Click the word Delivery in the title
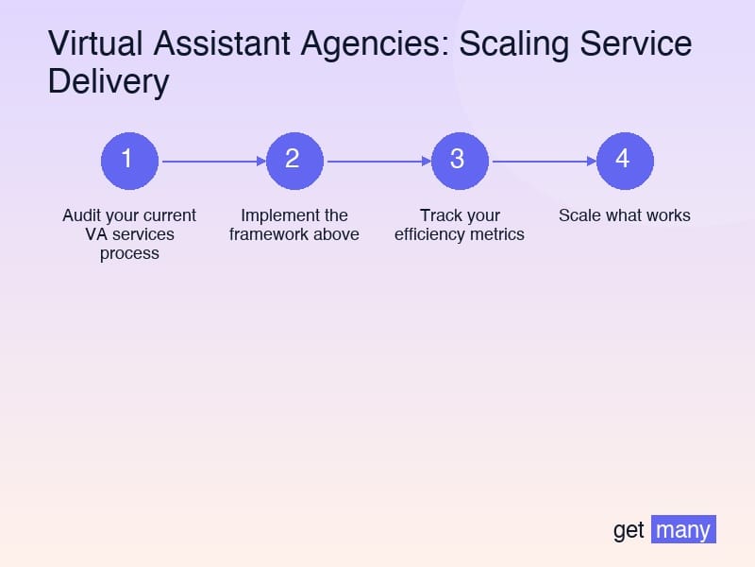(108, 82)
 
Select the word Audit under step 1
(81, 215)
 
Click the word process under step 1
(129, 253)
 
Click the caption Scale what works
(625, 215)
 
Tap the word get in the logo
(629, 530)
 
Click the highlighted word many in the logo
(683, 529)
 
